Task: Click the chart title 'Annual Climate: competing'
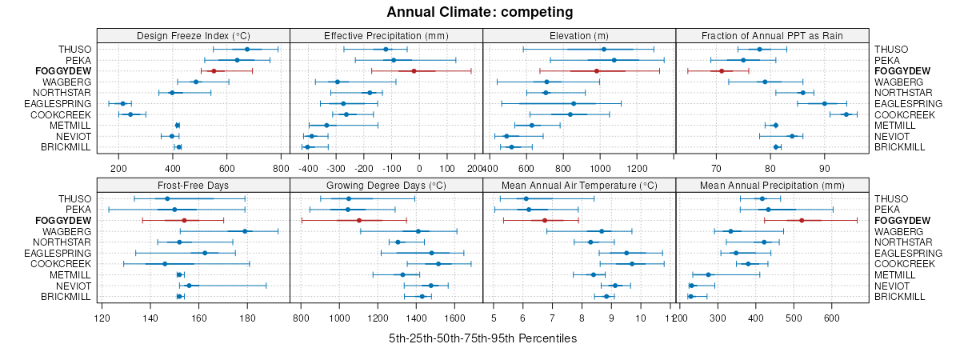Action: click(480, 12)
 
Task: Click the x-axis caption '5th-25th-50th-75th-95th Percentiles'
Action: click(482, 338)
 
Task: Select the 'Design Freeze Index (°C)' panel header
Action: click(193, 35)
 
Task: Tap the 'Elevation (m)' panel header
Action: click(579, 35)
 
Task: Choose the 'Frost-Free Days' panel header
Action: click(193, 185)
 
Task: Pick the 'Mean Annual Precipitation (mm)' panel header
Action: click(772, 185)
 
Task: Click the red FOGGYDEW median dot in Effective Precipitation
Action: click(414, 71)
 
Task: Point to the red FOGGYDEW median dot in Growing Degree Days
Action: click(359, 221)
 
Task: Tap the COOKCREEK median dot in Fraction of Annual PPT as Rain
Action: click(846, 114)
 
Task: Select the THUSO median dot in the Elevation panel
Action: click(604, 50)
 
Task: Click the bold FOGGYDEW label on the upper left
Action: click(63, 71)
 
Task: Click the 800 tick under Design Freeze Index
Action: click(280, 169)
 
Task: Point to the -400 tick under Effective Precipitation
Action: click(309, 169)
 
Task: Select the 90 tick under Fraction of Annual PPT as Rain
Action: click(824, 169)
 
